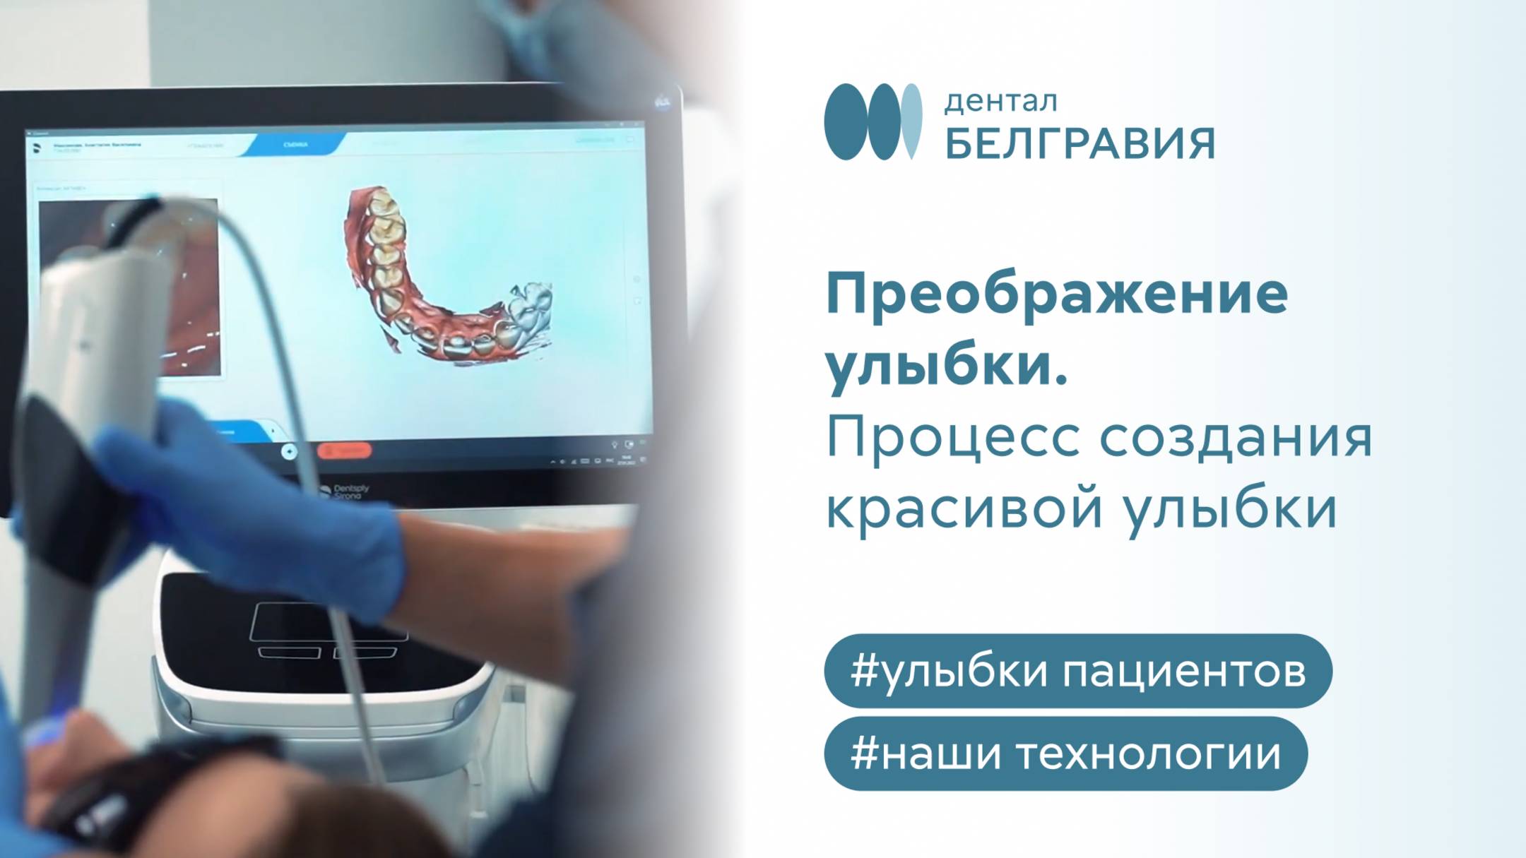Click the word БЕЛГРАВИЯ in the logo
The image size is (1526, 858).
pos(1080,144)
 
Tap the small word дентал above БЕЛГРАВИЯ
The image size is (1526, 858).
pos(1000,102)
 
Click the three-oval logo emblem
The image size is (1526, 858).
pos(873,121)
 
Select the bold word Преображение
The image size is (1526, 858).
pos(1057,294)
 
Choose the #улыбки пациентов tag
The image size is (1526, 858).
pos(1077,671)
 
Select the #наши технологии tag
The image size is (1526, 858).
pos(1065,753)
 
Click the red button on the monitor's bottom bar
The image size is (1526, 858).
pos(344,450)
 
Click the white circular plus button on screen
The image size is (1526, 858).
pos(289,452)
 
